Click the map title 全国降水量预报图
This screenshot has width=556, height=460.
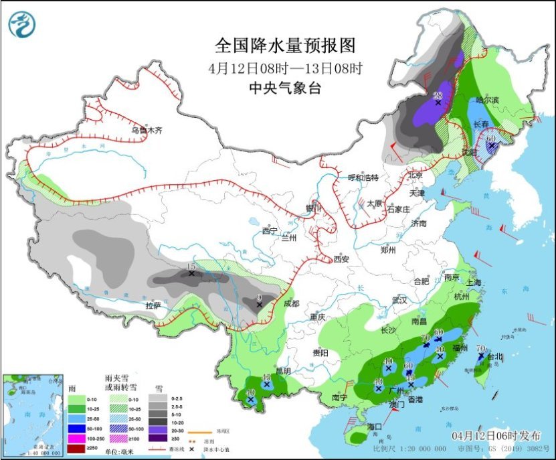coord(284,46)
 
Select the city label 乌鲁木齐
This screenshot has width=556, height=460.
coord(147,130)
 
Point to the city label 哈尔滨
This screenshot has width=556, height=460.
coord(488,100)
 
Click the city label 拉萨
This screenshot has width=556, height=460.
coord(153,305)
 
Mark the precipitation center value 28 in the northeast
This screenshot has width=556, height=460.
coord(439,95)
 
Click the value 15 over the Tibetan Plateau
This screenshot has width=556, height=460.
coord(191,266)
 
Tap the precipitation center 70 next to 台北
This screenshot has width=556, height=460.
coord(480,349)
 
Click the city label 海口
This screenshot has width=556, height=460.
coord(374,426)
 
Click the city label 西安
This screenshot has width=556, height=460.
coord(341,259)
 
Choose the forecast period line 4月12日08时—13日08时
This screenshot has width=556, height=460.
coord(284,68)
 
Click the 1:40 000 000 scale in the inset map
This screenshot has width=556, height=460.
coord(25,454)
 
